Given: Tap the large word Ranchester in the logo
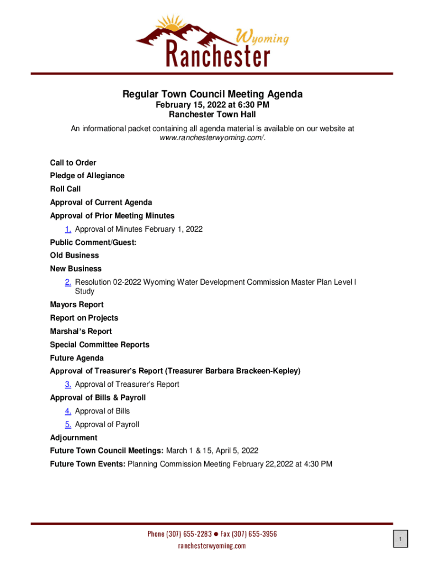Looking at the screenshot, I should [218, 55].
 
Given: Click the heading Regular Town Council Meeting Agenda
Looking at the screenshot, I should [212, 94].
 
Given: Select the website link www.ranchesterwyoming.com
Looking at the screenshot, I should [211, 138].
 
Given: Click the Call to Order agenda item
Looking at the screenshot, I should [73, 163].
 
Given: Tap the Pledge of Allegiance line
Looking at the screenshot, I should [87, 175].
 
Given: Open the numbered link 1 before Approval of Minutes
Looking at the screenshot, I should [68, 229].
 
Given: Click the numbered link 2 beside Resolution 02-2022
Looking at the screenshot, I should [68, 282].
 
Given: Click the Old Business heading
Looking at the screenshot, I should [75, 255].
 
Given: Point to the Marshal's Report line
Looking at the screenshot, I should [81, 331].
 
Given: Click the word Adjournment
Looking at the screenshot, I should [73, 438].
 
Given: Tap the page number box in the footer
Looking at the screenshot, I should [401, 539].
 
